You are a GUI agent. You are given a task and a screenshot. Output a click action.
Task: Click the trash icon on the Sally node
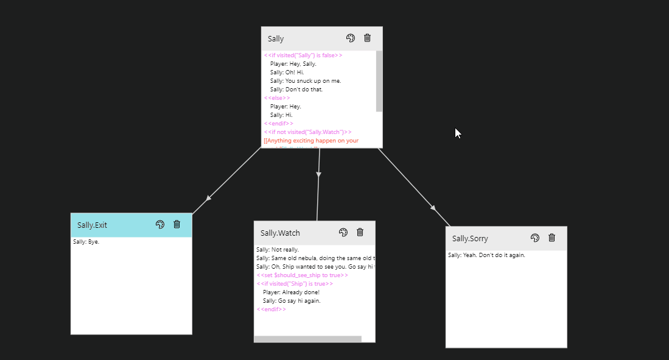pos(367,38)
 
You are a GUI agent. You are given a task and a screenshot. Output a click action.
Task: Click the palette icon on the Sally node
pos(351,38)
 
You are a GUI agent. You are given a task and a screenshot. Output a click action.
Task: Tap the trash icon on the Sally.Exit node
pos(177,224)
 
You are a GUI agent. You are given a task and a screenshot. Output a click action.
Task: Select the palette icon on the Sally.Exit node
pos(160,224)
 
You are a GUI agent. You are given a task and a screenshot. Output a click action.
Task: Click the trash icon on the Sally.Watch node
pos(360,232)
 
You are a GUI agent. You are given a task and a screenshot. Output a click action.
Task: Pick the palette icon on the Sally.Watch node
pos(343,232)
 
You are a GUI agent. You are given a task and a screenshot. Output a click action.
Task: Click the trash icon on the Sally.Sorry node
pos(552,238)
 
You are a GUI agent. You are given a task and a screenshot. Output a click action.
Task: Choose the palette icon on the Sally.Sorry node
pos(535,238)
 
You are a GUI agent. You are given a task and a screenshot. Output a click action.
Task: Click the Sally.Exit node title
pos(92,225)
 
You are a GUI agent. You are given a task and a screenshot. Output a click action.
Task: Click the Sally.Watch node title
pos(280,233)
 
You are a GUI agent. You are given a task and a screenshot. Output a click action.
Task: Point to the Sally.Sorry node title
pos(470,239)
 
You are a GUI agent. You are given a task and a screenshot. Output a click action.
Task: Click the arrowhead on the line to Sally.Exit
pos(209,198)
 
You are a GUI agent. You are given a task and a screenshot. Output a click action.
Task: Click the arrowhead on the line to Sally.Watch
pos(318,175)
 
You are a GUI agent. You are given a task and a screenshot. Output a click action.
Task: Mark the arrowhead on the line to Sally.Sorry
pos(433,208)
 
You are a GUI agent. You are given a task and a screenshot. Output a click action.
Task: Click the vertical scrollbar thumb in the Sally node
pos(379,81)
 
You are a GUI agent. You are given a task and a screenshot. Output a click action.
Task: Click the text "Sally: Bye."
pos(86,242)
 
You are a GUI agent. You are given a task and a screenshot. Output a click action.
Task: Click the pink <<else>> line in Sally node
pos(277,98)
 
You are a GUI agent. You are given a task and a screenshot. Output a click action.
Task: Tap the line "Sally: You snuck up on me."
pos(306,81)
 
